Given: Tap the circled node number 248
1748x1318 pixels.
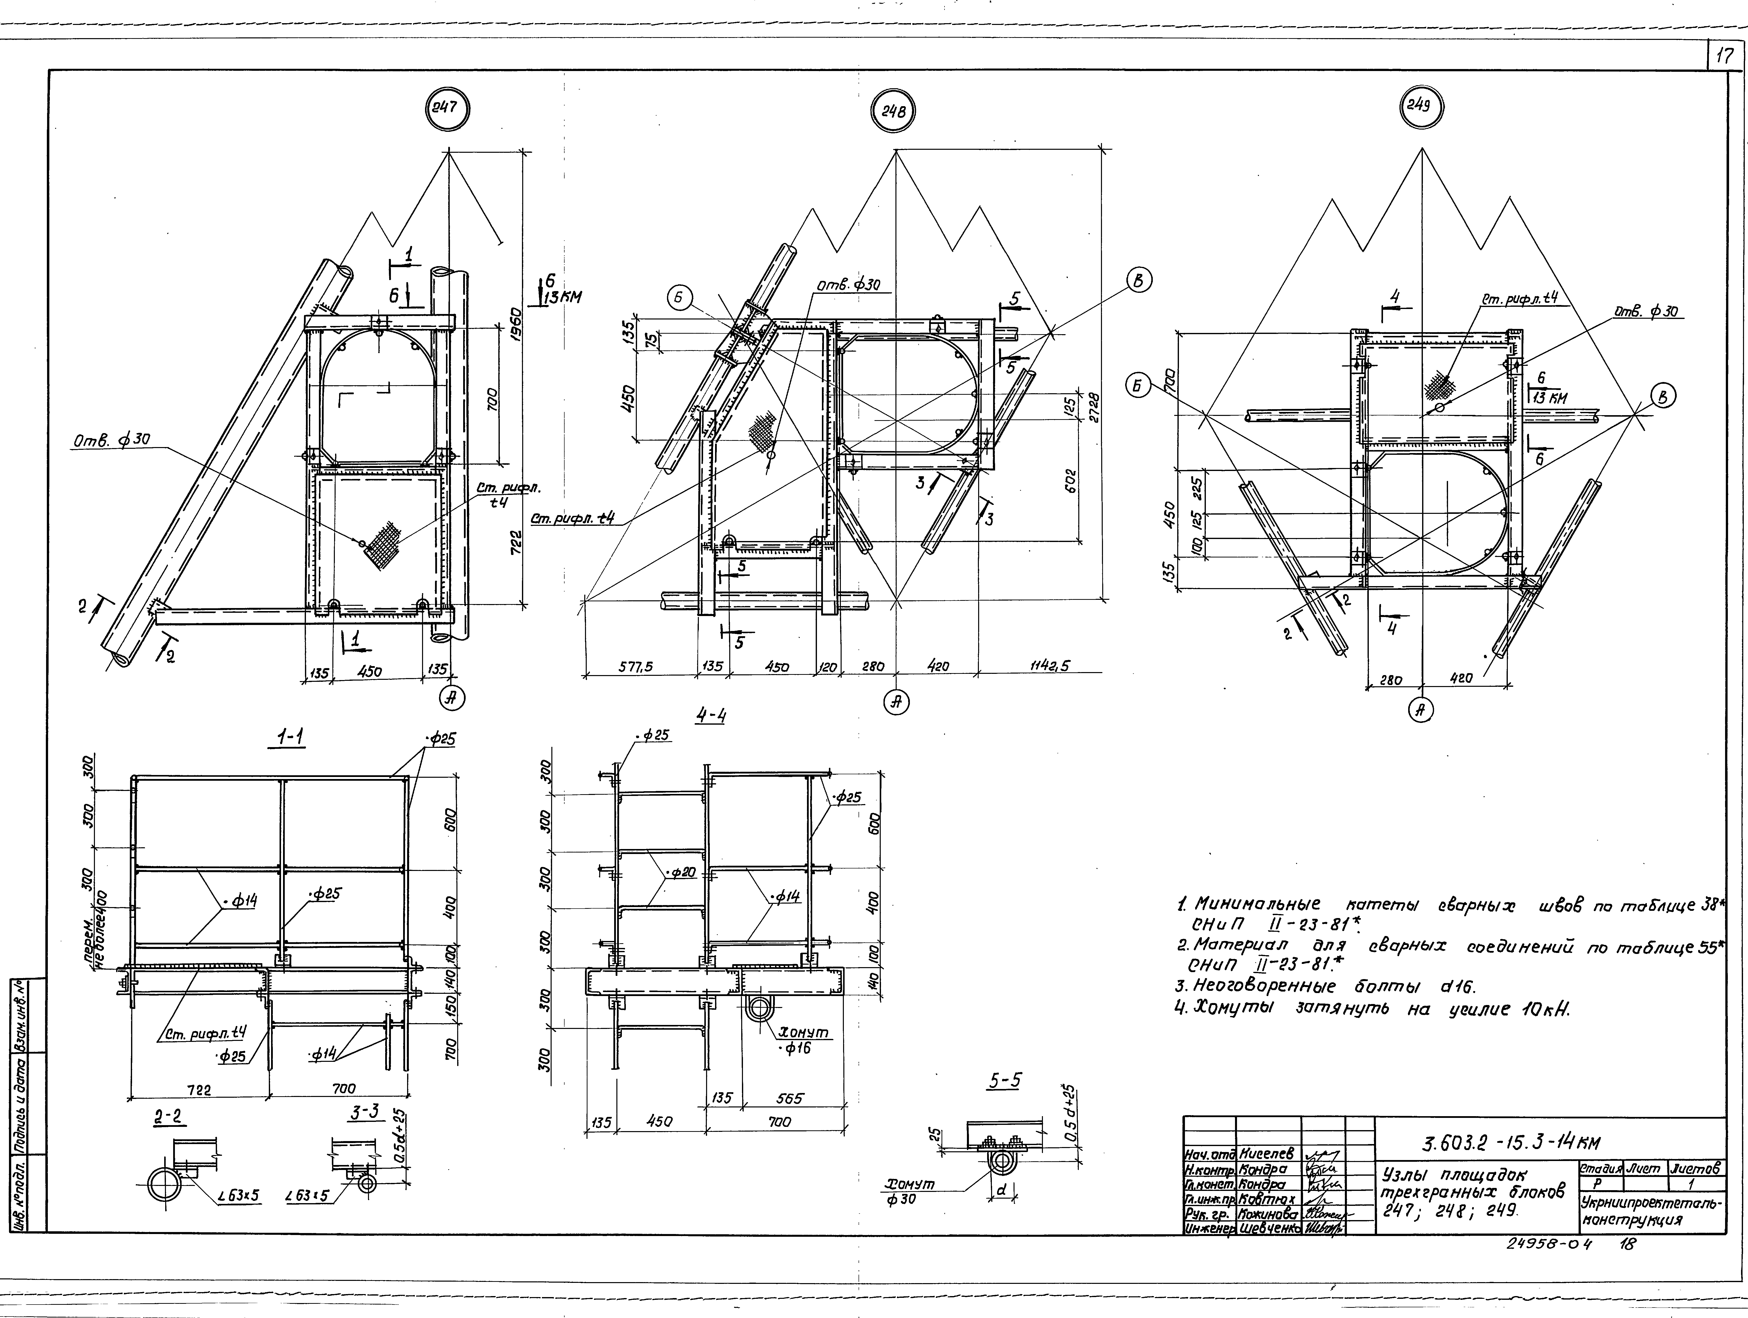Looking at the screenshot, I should (894, 112).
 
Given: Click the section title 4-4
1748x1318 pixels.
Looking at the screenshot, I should (710, 716).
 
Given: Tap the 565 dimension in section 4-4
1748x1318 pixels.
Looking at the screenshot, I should (790, 1098).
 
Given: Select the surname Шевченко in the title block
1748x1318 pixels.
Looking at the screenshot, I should (1268, 1229).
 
